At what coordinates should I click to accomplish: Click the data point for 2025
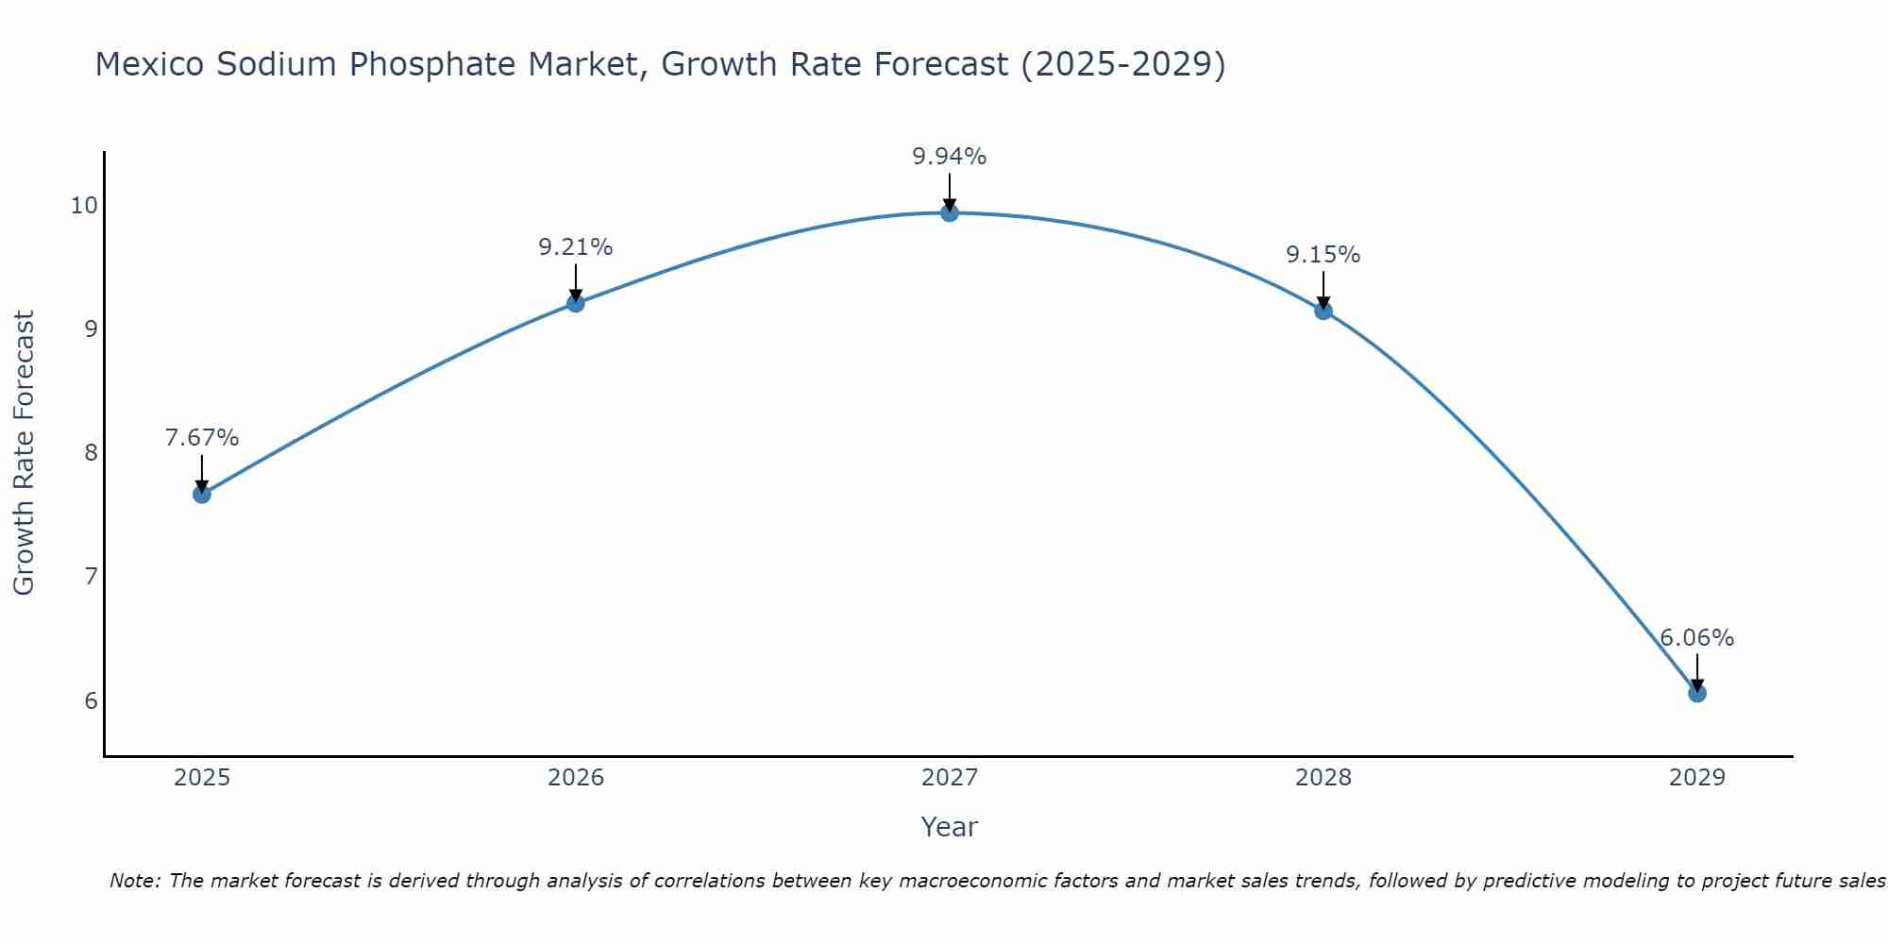201,494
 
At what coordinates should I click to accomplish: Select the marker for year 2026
575,303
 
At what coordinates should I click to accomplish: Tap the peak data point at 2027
949,213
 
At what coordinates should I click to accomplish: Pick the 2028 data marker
1323,311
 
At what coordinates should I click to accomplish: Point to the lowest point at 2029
1696,693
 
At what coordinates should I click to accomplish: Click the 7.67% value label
201,438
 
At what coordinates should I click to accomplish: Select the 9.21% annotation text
575,247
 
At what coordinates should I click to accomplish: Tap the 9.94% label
949,157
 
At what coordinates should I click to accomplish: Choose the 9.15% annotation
1323,255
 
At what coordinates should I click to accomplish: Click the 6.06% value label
1696,638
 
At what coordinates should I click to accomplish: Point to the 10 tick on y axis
84,206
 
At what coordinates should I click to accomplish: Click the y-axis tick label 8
91,453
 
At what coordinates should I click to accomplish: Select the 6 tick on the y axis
91,700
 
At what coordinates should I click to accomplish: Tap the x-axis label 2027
949,778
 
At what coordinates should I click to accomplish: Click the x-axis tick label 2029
1696,778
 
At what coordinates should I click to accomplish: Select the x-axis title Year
949,827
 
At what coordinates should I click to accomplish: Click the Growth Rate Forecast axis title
24,453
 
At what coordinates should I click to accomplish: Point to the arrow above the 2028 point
1323,290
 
